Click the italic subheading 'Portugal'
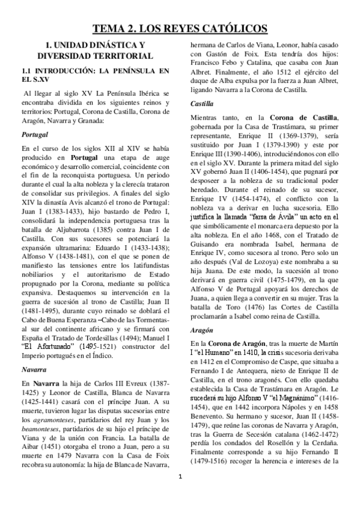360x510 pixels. (34, 135)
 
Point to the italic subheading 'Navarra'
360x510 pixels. (34, 366)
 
